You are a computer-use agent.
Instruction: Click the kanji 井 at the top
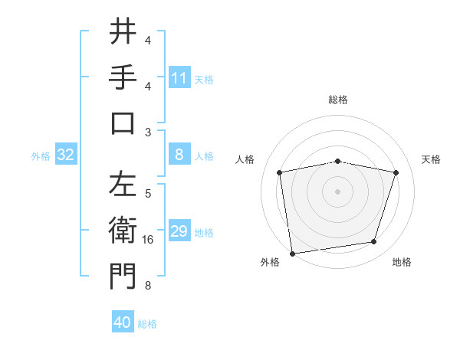(x=123, y=33)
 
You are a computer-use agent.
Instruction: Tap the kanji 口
(x=123, y=123)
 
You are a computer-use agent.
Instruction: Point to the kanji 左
(x=123, y=185)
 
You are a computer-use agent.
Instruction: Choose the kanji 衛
(x=123, y=231)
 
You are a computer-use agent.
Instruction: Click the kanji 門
(x=123, y=277)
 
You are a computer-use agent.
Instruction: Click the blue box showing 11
(x=179, y=78)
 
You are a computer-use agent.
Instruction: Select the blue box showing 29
(x=179, y=232)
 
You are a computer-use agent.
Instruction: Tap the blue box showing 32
(x=66, y=155)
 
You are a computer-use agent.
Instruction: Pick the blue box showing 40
(x=123, y=323)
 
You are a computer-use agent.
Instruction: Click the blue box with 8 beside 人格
(x=179, y=155)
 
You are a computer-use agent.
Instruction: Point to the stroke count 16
(x=148, y=240)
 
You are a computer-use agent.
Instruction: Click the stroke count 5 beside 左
(x=148, y=194)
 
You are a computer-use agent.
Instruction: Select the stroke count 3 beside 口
(x=148, y=132)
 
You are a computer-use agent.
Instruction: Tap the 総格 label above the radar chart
(x=337, y=100)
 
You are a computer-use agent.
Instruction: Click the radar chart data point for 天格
(x=396, y=173)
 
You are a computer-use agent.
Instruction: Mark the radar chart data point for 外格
(x=292, y=252)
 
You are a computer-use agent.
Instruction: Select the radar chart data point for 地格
(x=374, y=242)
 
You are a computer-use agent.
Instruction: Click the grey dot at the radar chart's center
(x=337, y=191)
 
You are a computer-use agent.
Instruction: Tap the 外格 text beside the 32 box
(x=41, y=156)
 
